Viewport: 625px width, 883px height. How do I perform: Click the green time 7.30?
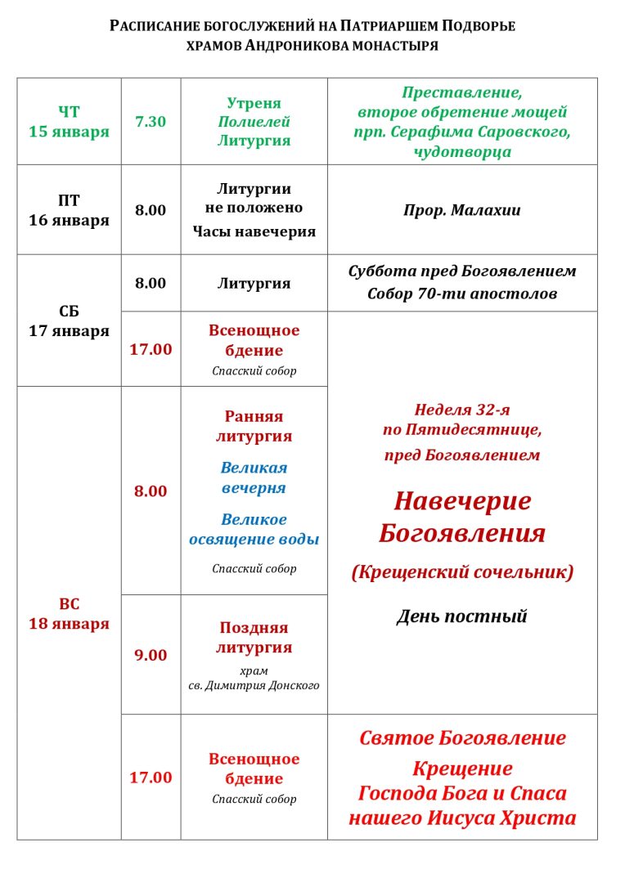click(x=151, y=121)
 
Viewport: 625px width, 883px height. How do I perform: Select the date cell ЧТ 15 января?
click(x=69, y=121)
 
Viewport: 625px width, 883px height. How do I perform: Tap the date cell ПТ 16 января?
click(x=69, y=210)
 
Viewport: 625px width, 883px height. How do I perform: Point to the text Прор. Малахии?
click(x=461, y=210)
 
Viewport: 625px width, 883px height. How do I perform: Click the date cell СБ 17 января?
click(x=69, y=321)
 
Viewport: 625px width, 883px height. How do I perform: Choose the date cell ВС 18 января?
click(x=69, y=614)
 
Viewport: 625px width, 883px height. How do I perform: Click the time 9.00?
click(x=151, y=655)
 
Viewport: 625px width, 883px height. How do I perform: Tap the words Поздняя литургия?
click(x=254, y=638)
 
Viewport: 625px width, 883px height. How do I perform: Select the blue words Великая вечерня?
click(x=254, y=477)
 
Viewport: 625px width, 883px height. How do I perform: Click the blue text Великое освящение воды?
click(x=254, y=530)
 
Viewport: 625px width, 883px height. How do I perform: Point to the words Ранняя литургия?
click(x=254, y=426)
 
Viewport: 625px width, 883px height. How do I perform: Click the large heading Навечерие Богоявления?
click(x=462, y=517)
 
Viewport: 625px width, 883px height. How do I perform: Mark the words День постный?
click(x=461, y=616)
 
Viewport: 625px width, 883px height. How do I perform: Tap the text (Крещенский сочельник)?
click(x=462, y=572)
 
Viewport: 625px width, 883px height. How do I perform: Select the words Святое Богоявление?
click(x=462, y=738)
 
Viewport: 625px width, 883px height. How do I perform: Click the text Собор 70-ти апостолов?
click(x=462, y=294)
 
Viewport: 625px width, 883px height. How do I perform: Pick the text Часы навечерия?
click(x=254, y=231)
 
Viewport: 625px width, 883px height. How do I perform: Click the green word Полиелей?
click(x=254, y=122)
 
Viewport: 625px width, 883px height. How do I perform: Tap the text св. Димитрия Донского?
click(x=254, y=685)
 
